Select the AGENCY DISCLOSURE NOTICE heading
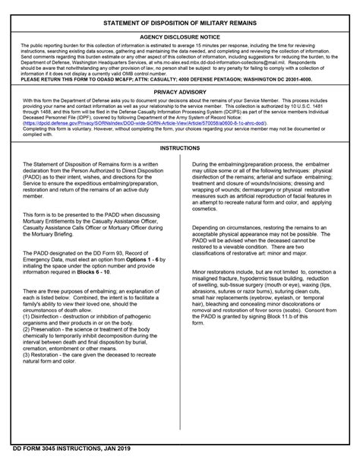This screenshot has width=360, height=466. coord(179,36)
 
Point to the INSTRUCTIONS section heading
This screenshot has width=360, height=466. coord(179,148)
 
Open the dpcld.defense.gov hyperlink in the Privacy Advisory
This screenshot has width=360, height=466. coord(144,122)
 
